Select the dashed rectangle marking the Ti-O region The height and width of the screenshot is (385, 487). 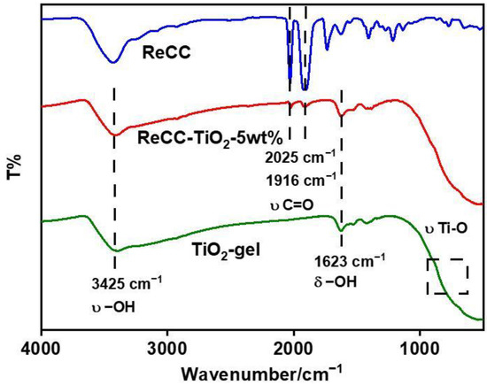click(x=447, y=277)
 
